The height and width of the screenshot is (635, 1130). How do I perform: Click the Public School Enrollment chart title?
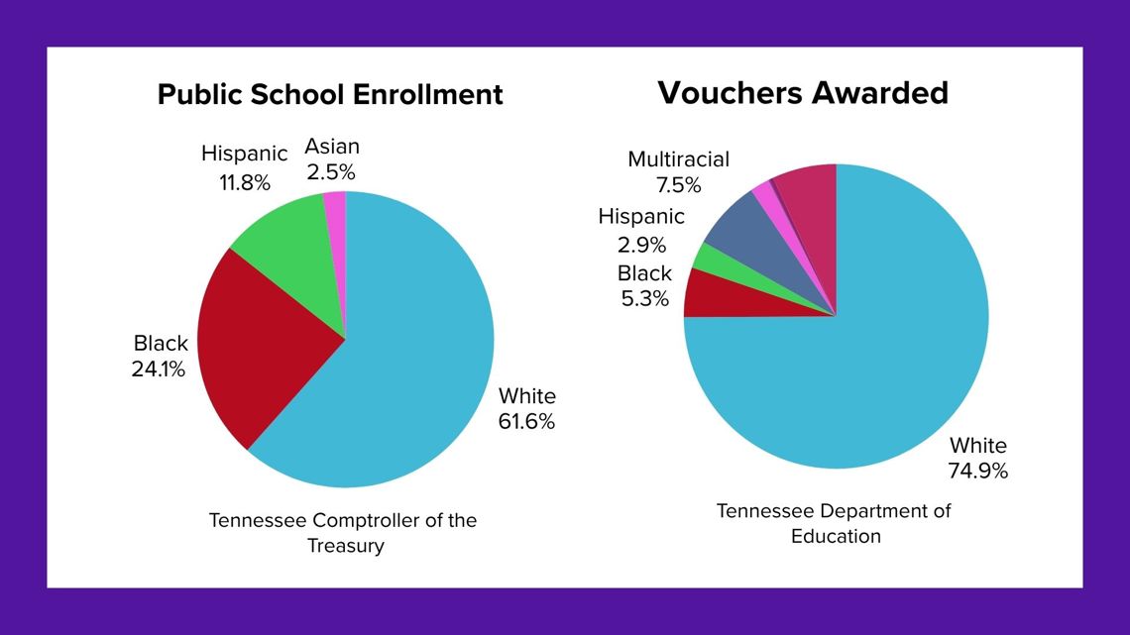(x=330, y=95)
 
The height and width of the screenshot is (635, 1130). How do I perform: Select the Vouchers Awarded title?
(x=803, y=92)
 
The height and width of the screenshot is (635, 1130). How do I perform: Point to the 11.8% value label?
(x=245, y=183)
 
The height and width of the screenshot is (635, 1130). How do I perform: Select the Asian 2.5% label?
(x=331, y=159)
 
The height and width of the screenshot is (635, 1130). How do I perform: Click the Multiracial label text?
(x=678, y=159)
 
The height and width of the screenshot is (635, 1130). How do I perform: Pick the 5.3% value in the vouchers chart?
(x=645, y=297)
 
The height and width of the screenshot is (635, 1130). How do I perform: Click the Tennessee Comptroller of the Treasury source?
(x=343, y=533)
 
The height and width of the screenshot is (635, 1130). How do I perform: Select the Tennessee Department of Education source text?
(x=835, y=523)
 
